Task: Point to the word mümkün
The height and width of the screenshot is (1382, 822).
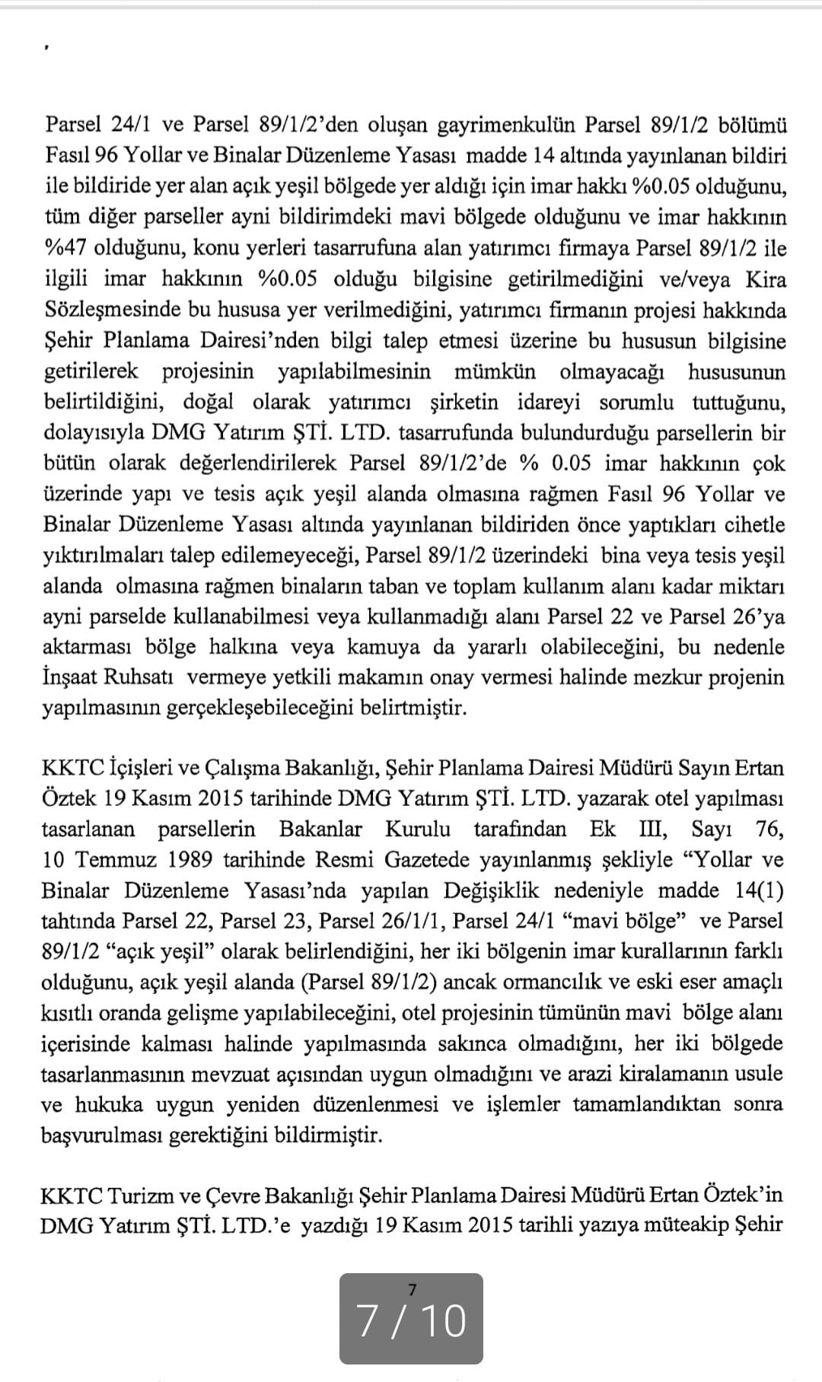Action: (x=495, y=371)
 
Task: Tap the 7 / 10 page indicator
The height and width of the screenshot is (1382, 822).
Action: (x=411, y=1321)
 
